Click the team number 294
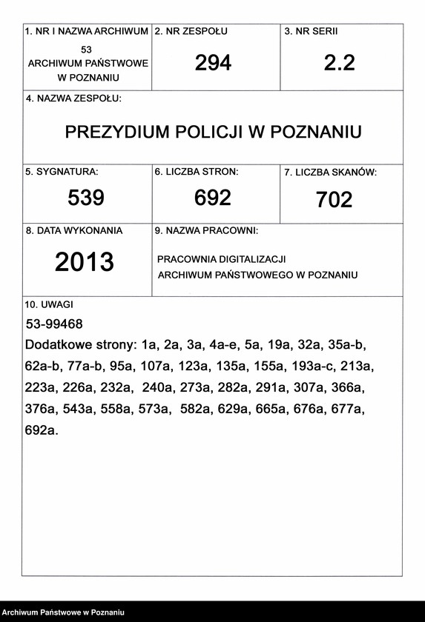pos(213,63)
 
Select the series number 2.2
pos(339,63)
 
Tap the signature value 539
pos(86,198)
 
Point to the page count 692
pos(213,198)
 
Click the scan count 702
pos(334,200)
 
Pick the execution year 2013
pos(85,261)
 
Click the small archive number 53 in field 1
pos(87,49)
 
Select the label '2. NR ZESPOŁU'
pos(191,32)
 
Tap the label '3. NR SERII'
pos(311,32)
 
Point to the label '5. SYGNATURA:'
pos(62,172)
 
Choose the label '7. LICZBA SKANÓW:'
pos(330,173)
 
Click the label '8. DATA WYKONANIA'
pos(74,230)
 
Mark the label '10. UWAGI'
pos(49,304)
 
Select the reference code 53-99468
pos(54,324)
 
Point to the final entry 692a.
pos(41,429)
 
